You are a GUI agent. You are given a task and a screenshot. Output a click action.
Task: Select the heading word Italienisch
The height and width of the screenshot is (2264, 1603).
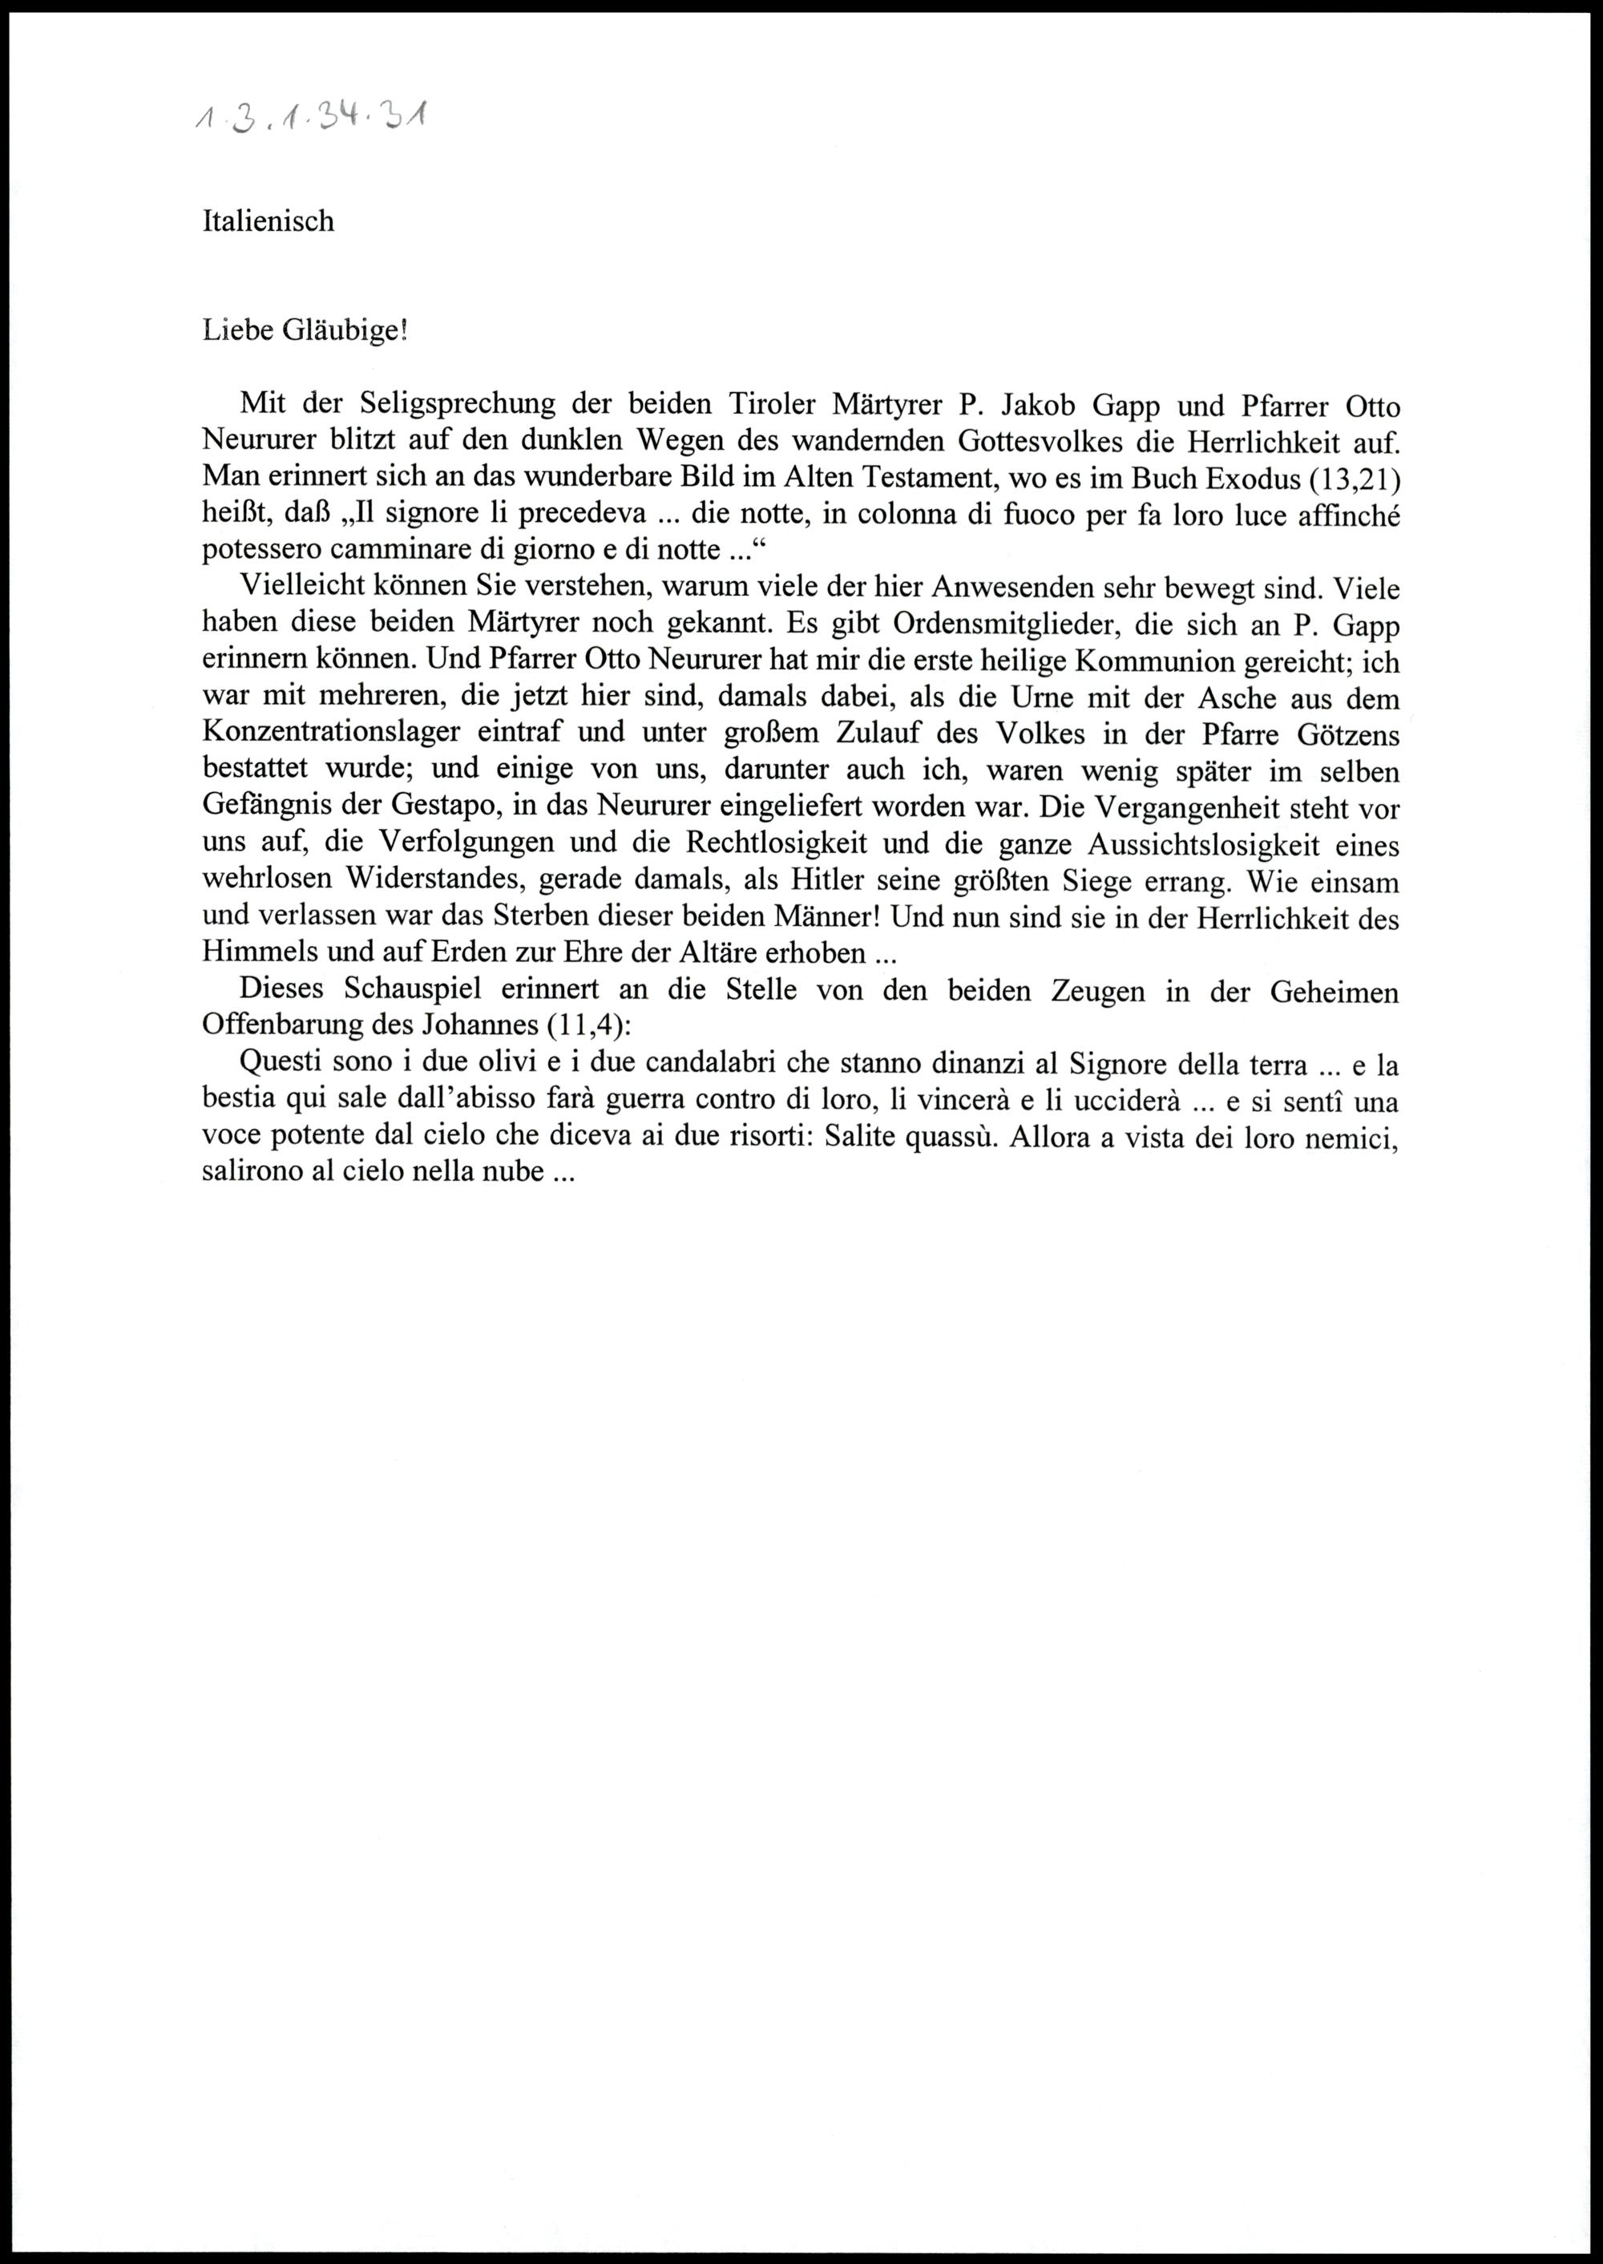[268, 221]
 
